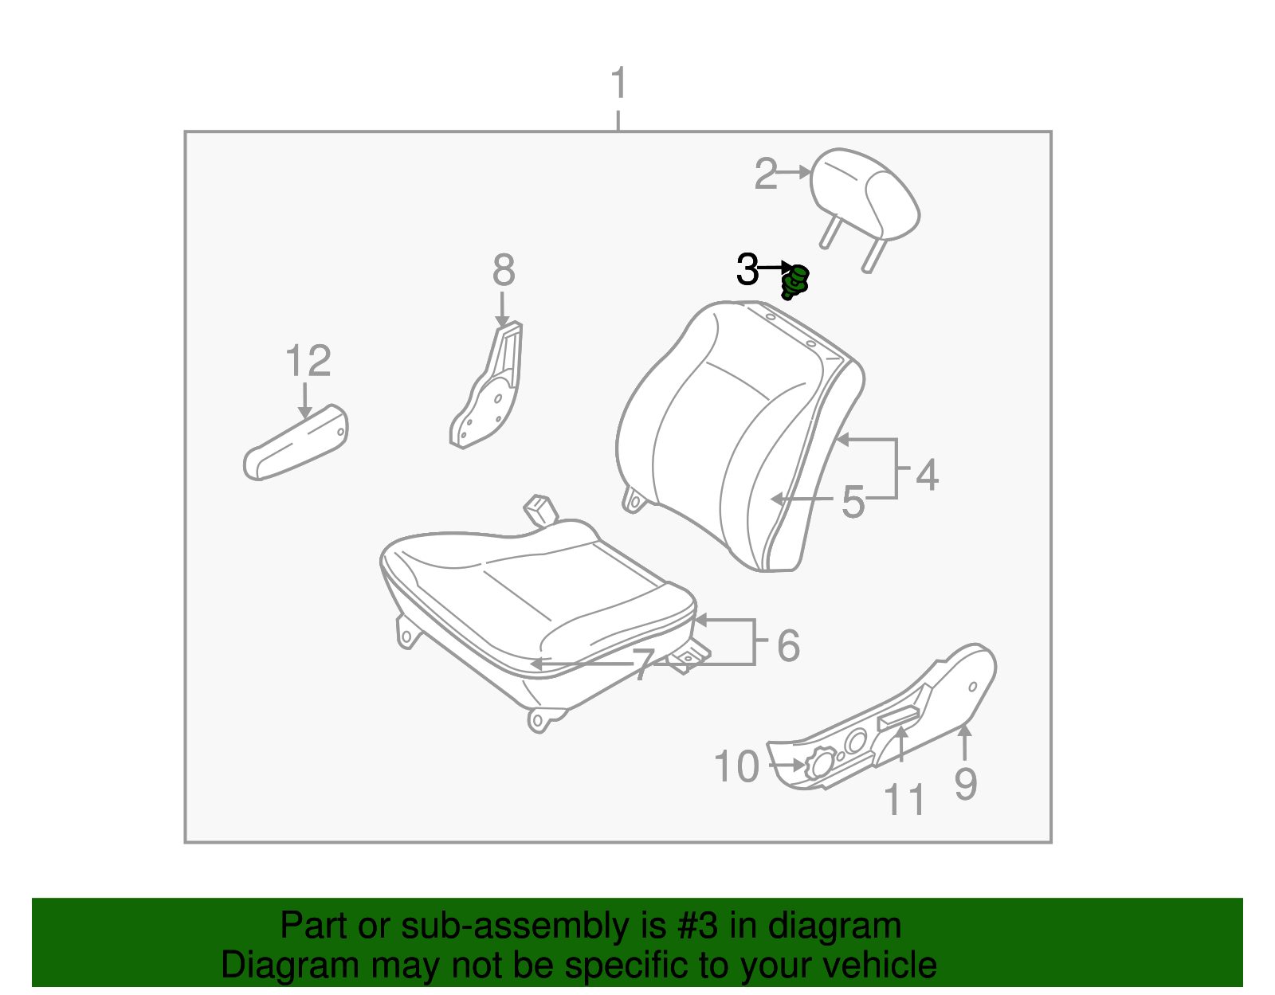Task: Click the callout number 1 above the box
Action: pyautogui.click(x=619, y=84)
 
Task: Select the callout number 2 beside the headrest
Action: pyautogui.click(x=766, y=174)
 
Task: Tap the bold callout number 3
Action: pyautogui.click(x=747, y=269)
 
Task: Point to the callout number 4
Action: pyautogui.click(x=927, y=475)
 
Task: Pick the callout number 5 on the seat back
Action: pyautogui.click(x=853, y=502)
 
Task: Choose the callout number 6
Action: pyautogui.click(x=788, y=645)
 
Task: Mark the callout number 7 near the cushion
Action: pyautogui.click(x=643, y=665)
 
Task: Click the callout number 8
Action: pyautogui.click(x=504, y=271)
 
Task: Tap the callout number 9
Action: pyautogui.click(x=965, y=785)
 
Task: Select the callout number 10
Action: pyautogui.click(x=736, y=767)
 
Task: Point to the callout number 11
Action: pyautogui.click(x=905, y=800)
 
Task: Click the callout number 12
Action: pyautogui.click(x=308, y=362)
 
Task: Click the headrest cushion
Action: pyautogui.click(x=865, y=193)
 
